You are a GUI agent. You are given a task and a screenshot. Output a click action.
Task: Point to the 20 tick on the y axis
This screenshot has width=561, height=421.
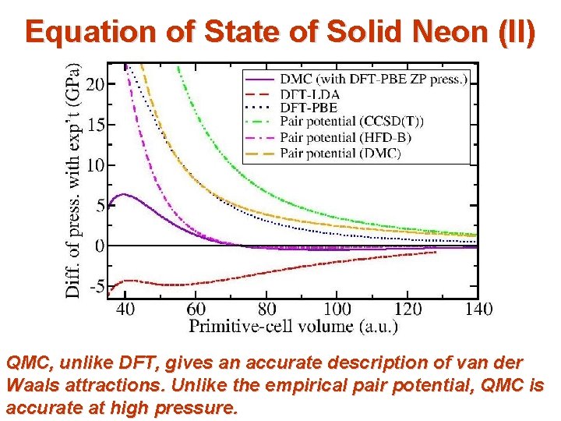click(94, 83)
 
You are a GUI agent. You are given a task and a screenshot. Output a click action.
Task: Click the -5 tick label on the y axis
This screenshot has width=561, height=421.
click(95, 287)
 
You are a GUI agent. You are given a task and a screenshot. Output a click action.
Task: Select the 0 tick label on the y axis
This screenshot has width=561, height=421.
click(99, 246)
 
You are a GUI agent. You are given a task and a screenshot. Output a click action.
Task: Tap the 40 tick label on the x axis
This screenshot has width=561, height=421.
click(125, 310)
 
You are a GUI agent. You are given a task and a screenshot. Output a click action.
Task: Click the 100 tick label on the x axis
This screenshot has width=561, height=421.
click(336, 310)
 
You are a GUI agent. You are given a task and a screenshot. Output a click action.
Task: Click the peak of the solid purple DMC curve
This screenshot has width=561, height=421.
click(122, 194)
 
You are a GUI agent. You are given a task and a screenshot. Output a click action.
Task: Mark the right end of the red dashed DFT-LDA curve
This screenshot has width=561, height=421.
click(436, 252)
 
